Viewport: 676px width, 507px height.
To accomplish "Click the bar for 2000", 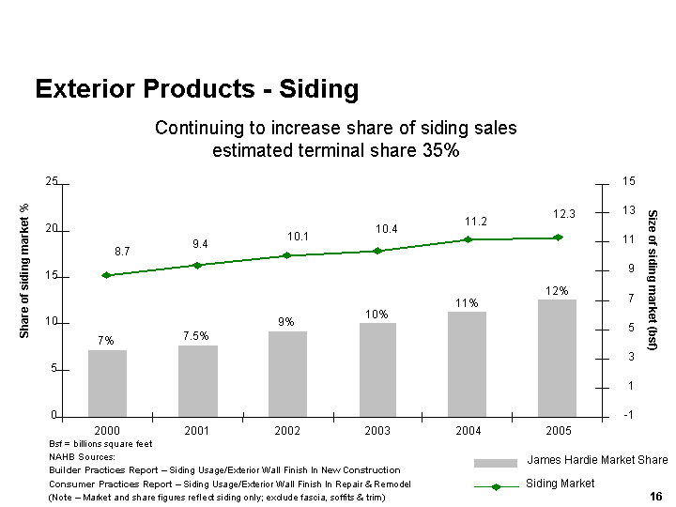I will coord(107,383).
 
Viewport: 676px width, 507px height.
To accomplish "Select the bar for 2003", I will coord(377,369).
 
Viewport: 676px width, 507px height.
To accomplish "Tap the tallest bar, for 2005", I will coord(557,358).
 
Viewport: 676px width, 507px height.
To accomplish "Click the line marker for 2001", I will coord(197,265).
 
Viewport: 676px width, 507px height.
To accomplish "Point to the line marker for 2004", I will coord(468,239).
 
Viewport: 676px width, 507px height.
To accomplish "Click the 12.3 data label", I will coord(563,215).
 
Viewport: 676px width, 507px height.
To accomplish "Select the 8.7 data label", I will coord(122,252).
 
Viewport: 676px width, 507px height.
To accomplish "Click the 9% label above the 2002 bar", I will coord(286,322).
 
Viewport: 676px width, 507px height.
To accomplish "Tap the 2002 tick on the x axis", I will coord(286,429).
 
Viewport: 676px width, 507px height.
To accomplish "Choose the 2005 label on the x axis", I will coord(557,429).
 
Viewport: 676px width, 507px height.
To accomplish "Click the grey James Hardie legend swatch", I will coord(496,463).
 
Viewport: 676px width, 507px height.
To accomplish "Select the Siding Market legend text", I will coord(560,484).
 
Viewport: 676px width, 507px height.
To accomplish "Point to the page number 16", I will coord(656,496).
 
